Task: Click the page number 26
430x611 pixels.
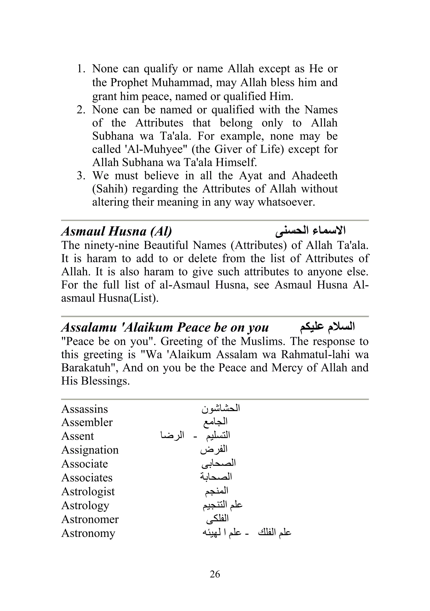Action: coord(215,574)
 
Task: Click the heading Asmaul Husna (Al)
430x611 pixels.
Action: coord(117,231)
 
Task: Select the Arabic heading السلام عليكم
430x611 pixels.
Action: coord(328,327)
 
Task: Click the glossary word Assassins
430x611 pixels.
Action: coord(85,409)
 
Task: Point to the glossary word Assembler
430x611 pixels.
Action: coord(87,423)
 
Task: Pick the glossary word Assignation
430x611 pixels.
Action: coord(90,450)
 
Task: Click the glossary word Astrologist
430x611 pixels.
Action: coord(88,491)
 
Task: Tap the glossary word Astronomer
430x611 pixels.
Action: coord(90,519)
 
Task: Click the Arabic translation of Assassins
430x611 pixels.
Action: coord(221,409)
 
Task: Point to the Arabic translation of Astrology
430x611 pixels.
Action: coord(222,505)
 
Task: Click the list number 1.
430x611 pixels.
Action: coord(81,69)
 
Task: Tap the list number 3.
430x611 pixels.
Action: coord(81,176)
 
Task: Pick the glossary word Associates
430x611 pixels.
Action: coord(87,478)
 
